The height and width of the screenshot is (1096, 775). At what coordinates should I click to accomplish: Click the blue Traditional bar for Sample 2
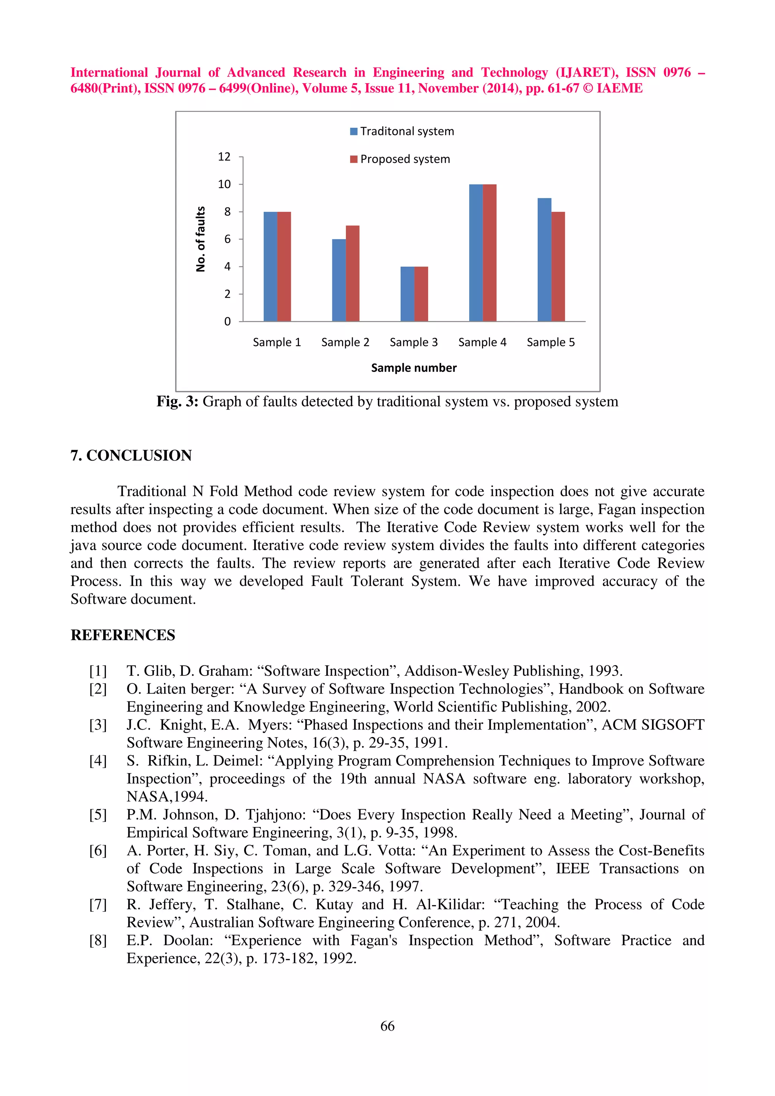339,280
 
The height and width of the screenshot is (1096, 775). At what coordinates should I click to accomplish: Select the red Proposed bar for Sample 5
558,266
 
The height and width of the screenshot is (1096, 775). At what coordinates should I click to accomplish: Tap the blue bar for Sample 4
476,253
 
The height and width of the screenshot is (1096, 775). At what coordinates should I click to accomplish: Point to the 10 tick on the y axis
224,184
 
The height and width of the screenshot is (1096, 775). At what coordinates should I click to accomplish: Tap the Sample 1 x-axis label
277,342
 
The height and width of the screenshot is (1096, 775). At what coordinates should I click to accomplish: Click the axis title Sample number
414,368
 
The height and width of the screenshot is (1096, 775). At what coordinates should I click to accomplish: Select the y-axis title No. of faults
201,239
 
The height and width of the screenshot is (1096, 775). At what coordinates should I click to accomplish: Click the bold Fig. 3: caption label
177,402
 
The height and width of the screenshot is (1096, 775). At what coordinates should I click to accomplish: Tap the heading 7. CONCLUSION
131,455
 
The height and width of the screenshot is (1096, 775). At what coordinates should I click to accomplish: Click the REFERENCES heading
123,635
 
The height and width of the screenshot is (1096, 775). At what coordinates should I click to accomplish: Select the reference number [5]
98,814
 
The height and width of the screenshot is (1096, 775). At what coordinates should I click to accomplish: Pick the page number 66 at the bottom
387,1026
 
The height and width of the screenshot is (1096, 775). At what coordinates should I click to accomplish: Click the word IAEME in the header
619,88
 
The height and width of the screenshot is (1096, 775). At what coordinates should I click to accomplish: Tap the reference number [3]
98,725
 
